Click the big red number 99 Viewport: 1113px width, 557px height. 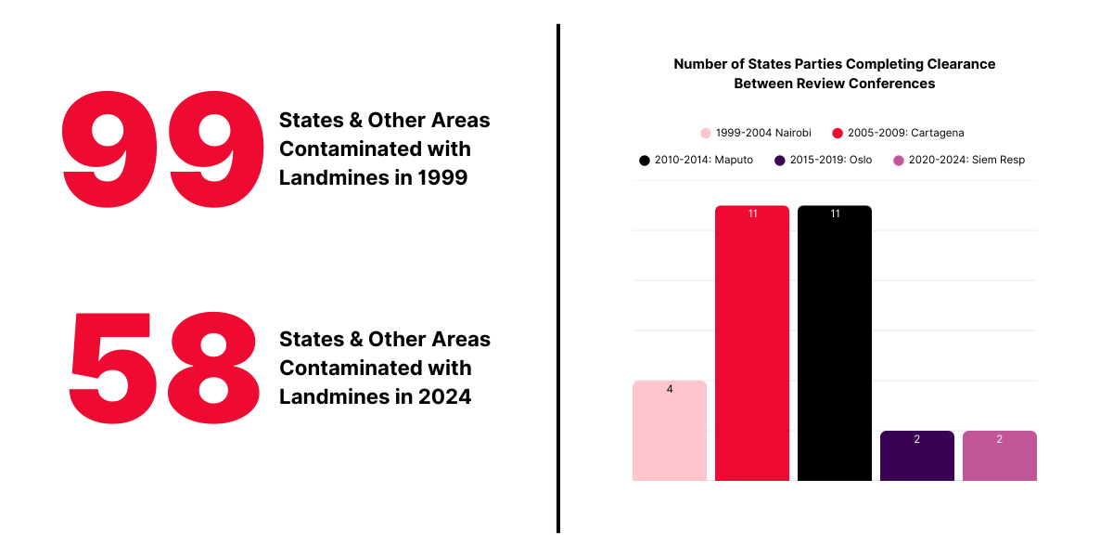pyautogui.click(x=163, y=150)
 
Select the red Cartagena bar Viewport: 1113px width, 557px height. pyautogui.click(x=752, y=343)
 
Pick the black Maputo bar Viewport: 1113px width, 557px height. pyautogui.click(x=835, y=343)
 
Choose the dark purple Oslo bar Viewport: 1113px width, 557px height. pyautogui.click(x=917, y=457)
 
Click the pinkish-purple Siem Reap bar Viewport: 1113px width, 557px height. pyautogui.click(x=1000, y=457)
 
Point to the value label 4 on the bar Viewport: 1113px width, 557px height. pyautogui.click(x=670, y=389)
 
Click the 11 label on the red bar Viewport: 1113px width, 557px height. pyautogui.click(x=752, y=214)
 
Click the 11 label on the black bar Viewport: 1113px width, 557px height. pyautogui.click(x=835, y=214)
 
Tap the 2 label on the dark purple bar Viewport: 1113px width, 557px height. pyautogui.click(x=917, y=439)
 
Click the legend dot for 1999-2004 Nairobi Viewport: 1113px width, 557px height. pyautogui.click(x=706, y=133)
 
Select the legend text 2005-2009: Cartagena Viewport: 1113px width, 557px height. pyautogui.click(x=905, y=133)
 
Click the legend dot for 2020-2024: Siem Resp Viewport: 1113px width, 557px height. pyautogui.click(x=898, y=160)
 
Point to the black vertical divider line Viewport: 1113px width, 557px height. pyautogui.click(x=558, y=278)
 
